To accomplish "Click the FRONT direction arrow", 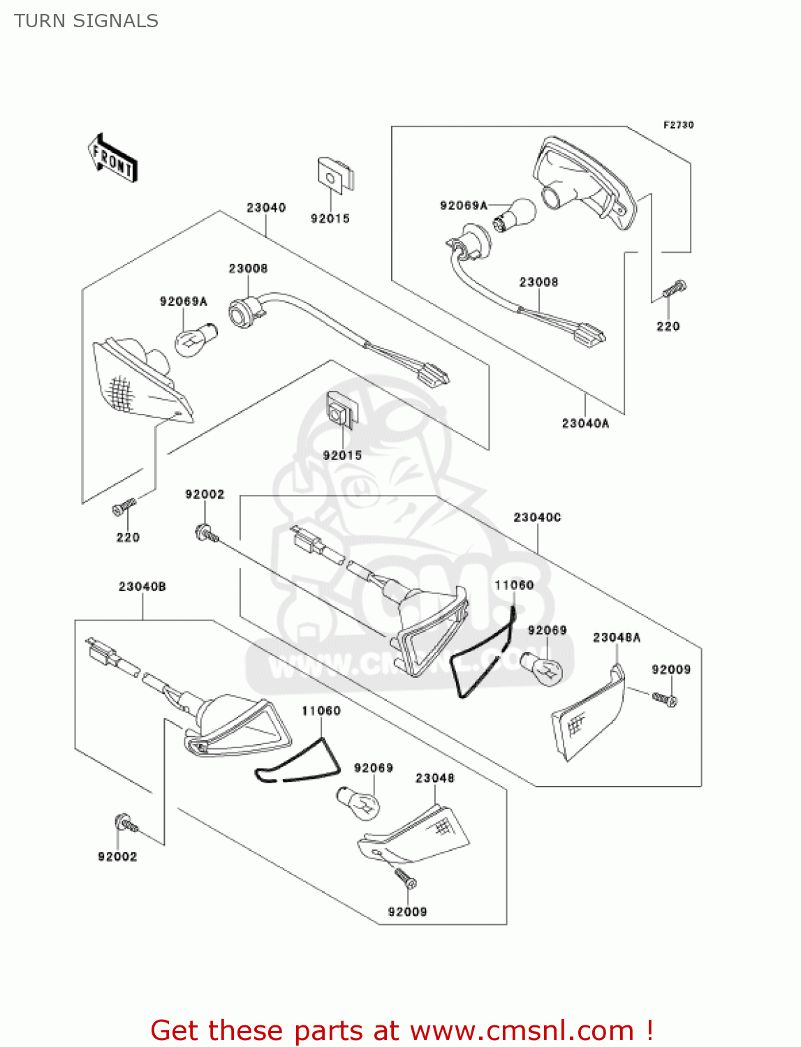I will (112, 158).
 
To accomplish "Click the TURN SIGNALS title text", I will (86, 21).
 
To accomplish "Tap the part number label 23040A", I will (585, 423).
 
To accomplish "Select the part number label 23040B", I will (142, 586).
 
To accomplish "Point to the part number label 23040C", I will (537, 517).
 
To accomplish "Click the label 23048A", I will (616, 637).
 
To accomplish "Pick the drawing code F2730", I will (678, 125).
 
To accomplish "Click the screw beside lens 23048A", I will (664, 698).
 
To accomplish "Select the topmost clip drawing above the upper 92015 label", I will (335, 174).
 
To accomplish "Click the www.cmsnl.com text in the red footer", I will (521, 1030).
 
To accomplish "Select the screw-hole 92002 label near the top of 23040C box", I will (205, 494).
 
